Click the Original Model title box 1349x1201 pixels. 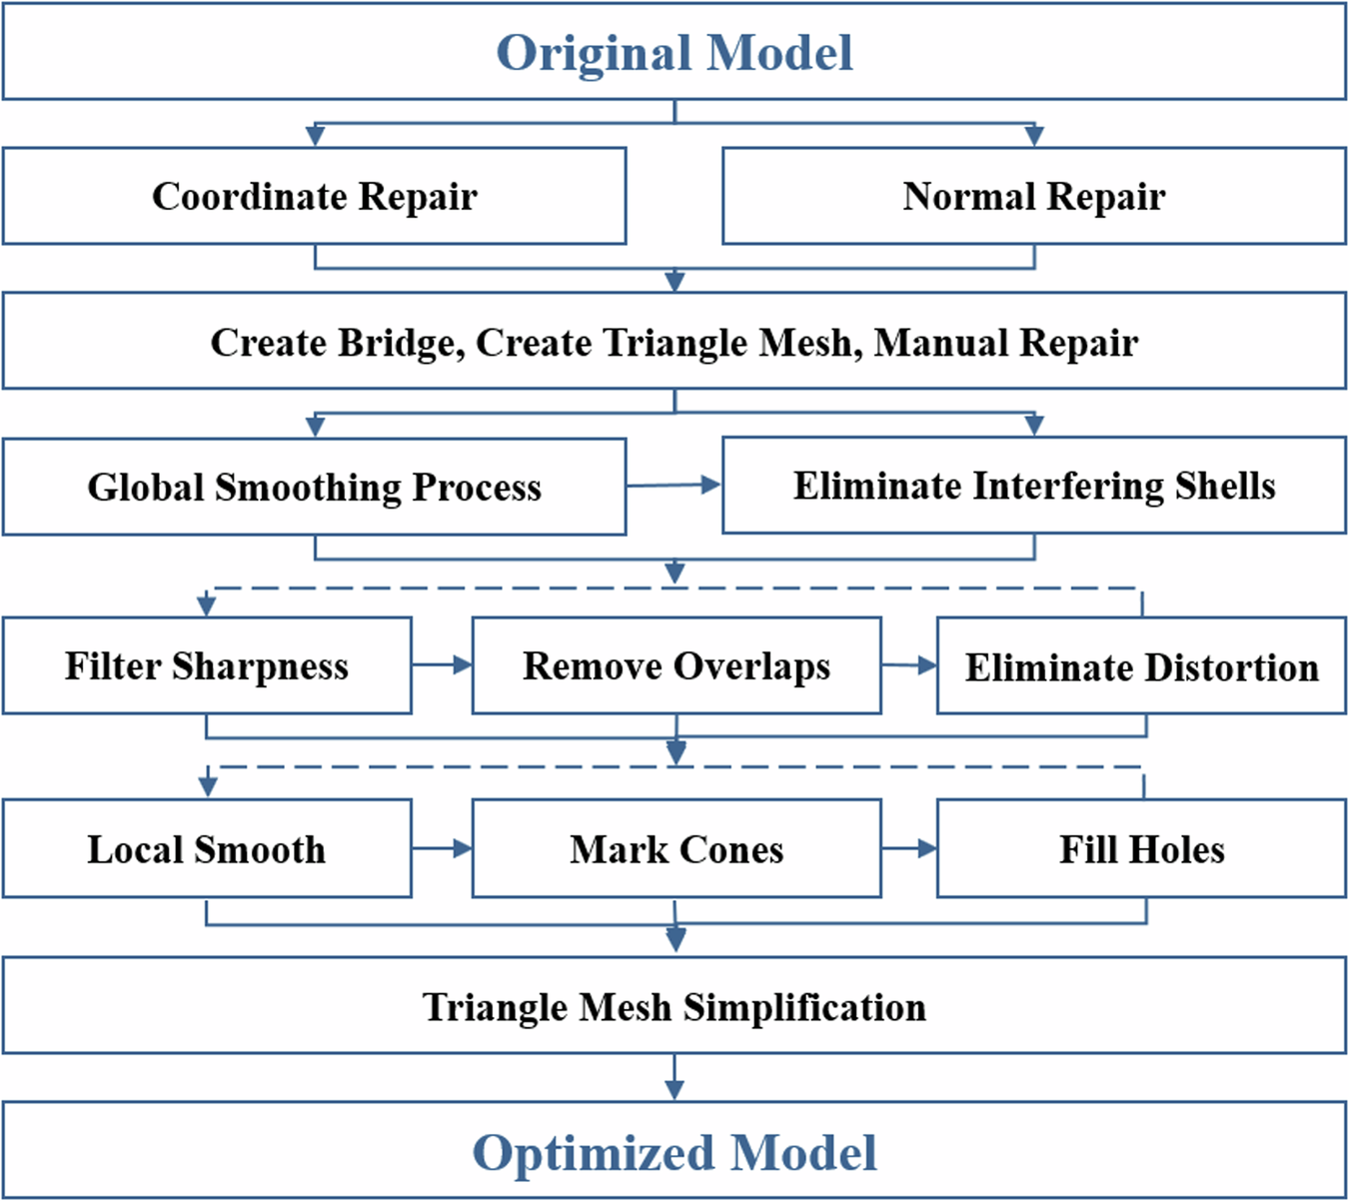674,52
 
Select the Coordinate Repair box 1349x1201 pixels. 314,196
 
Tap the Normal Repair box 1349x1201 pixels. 1033,196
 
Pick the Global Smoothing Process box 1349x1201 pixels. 314,487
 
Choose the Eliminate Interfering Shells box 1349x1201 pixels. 1033,486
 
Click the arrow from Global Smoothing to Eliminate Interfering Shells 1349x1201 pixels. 674,486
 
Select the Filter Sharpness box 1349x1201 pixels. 207,665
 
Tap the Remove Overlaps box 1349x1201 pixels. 676,665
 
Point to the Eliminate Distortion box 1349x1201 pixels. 1141,666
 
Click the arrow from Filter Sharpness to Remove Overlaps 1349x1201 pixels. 442,664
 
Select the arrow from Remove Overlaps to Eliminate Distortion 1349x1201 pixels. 908,665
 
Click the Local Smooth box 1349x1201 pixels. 207,849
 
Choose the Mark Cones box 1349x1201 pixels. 676,849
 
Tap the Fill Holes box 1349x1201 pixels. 1141,849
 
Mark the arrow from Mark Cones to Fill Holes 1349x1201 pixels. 908,848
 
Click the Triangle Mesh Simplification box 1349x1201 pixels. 674,1006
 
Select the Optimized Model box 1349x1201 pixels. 674,1152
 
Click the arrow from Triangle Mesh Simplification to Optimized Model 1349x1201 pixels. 674,1079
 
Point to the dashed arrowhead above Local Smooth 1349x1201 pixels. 208,786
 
